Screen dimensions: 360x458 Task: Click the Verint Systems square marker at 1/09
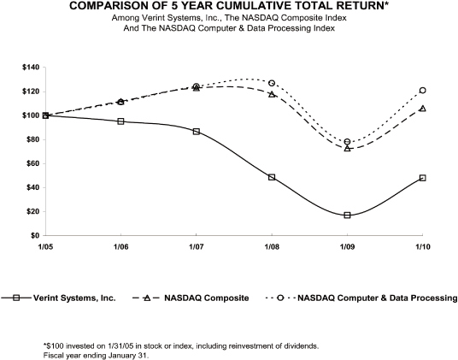[347, 215]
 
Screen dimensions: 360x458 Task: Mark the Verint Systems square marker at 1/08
[272, 177]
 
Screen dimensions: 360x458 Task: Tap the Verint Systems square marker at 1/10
[423, 178]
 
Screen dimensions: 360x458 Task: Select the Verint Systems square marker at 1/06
[120, 121]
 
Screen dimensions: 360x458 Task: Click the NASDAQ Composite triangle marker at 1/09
[347, 148]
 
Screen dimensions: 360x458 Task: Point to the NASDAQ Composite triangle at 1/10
[423, 109]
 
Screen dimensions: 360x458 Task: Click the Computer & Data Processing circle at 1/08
[272, 83]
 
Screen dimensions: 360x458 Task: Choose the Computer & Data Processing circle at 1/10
[423, 90]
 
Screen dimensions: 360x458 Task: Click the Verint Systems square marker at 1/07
[197, 132]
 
